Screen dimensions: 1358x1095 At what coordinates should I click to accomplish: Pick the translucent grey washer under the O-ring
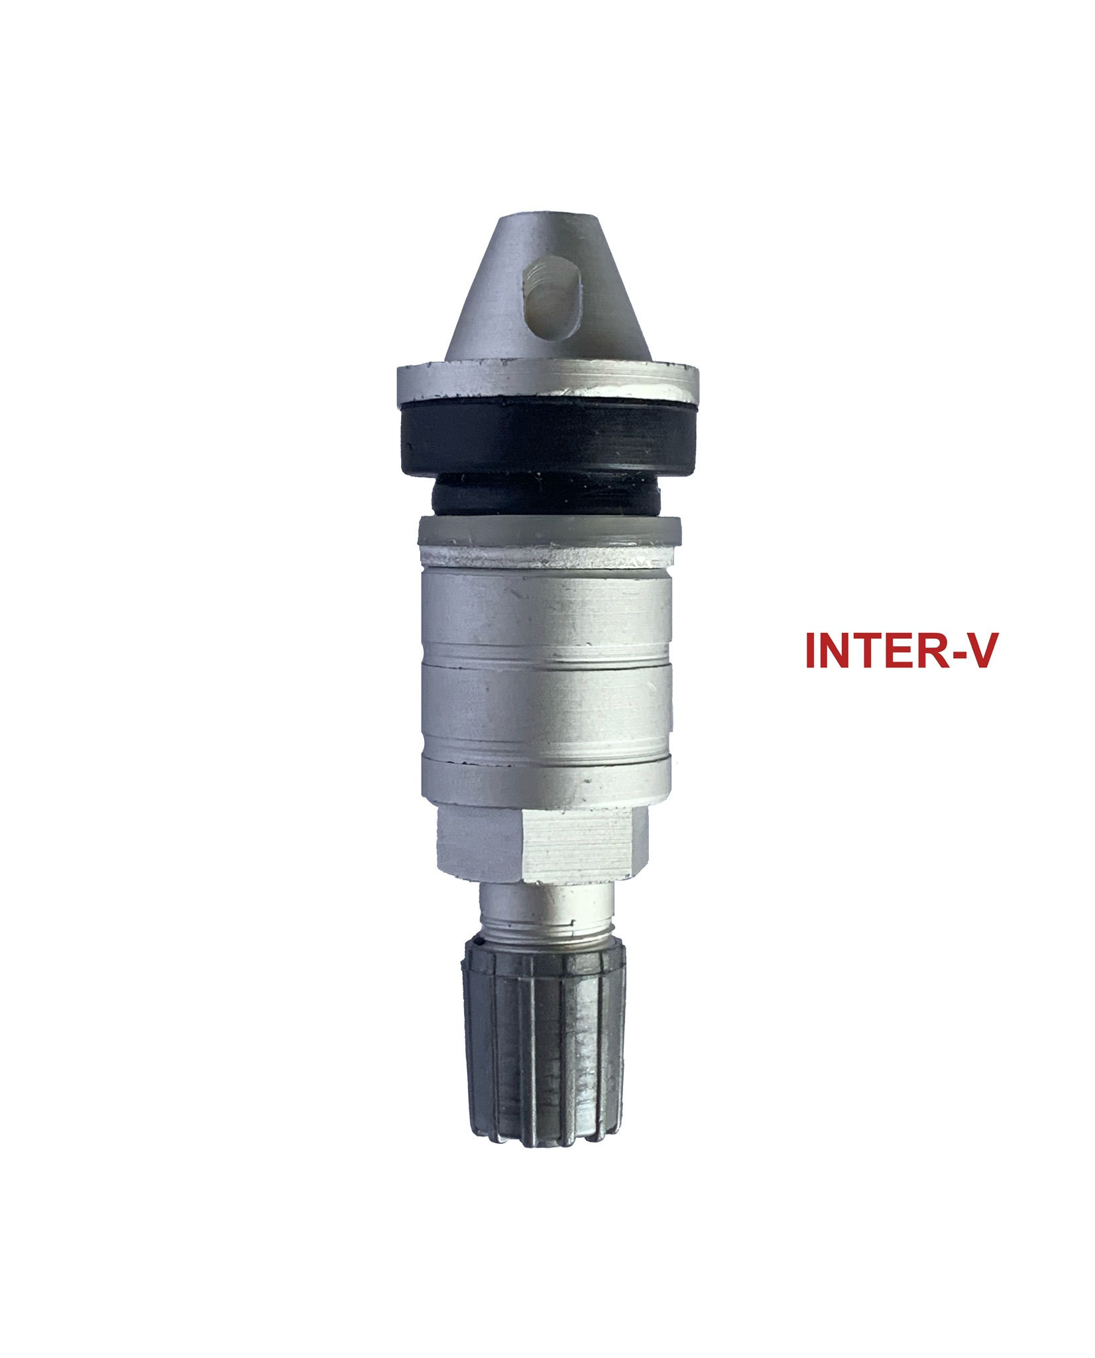(x=549, y=532)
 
